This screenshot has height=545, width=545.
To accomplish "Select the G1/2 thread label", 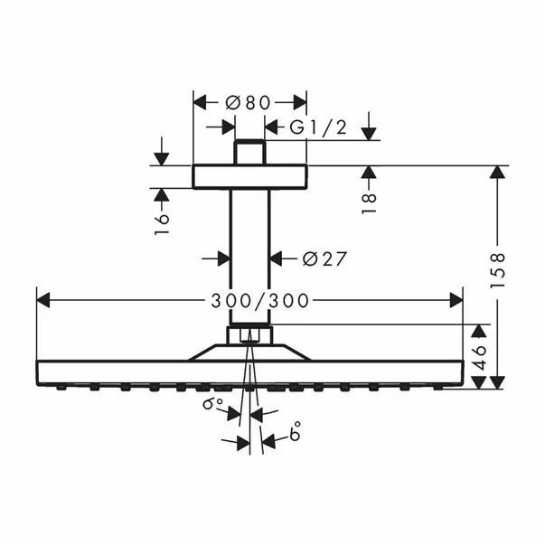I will (317, 128).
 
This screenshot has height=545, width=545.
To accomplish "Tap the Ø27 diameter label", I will (324, 259).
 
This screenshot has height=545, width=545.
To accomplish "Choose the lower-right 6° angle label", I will (295, 436).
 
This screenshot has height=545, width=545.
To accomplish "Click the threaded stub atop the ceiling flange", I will (250, 152).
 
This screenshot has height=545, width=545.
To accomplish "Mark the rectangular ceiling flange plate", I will (250, 176).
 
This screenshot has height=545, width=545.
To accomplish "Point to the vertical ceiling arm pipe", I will (250, 253).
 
